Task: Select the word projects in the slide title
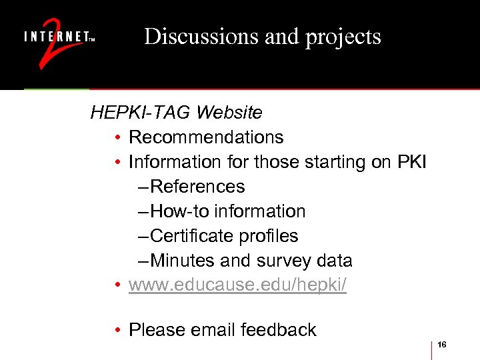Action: (343, 37)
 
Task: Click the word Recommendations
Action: (206, 137)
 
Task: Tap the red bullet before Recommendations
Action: (117, 138)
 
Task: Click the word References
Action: (198, 187)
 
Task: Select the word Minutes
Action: (184, 261)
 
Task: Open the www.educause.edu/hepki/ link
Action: (237, 285)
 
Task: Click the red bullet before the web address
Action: (117, 286)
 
